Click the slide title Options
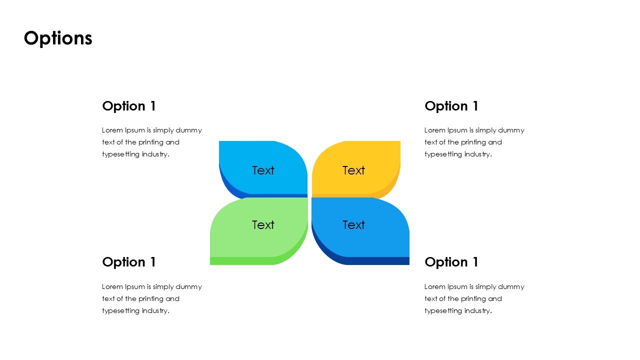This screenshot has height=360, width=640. tap(58, 38)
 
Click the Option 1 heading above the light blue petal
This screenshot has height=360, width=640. tap(129, 106)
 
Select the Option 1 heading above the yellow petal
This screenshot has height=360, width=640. tap(451, 106)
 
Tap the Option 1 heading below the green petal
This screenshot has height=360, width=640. tap(129, 262)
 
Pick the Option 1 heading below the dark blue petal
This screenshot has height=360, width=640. tap(451, 262)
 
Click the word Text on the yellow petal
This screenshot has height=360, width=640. tap(353, 170)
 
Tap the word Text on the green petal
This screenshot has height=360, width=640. tap(263, 225)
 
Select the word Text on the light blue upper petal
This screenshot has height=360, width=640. tap(263, 170)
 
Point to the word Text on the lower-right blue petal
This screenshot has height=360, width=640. tap(353, 225)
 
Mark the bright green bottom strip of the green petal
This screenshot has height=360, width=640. tap(240, 261)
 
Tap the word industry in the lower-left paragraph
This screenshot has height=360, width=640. tap(155, 310)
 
